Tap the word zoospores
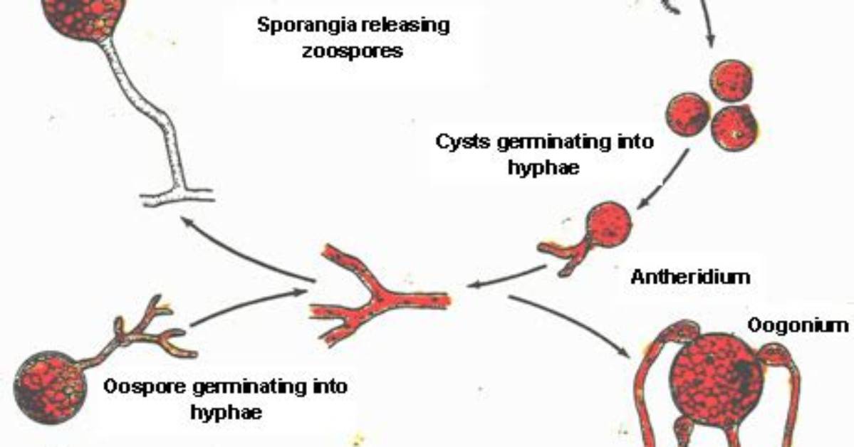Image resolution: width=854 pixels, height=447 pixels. [x=353, y=51]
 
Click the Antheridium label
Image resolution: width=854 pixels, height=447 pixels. [x=690, y=277]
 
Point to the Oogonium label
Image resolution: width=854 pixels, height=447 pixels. [x=798, y=325]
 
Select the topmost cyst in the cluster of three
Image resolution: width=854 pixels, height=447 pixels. [x=732, y=80]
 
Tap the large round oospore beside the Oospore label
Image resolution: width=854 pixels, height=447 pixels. [x=49, y=386]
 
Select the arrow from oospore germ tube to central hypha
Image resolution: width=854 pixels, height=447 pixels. [x=249, y=307]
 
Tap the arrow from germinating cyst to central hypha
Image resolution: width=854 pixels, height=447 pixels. [x=506, y=276]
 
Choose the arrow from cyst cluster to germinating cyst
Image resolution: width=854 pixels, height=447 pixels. [x=662, y=179]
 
